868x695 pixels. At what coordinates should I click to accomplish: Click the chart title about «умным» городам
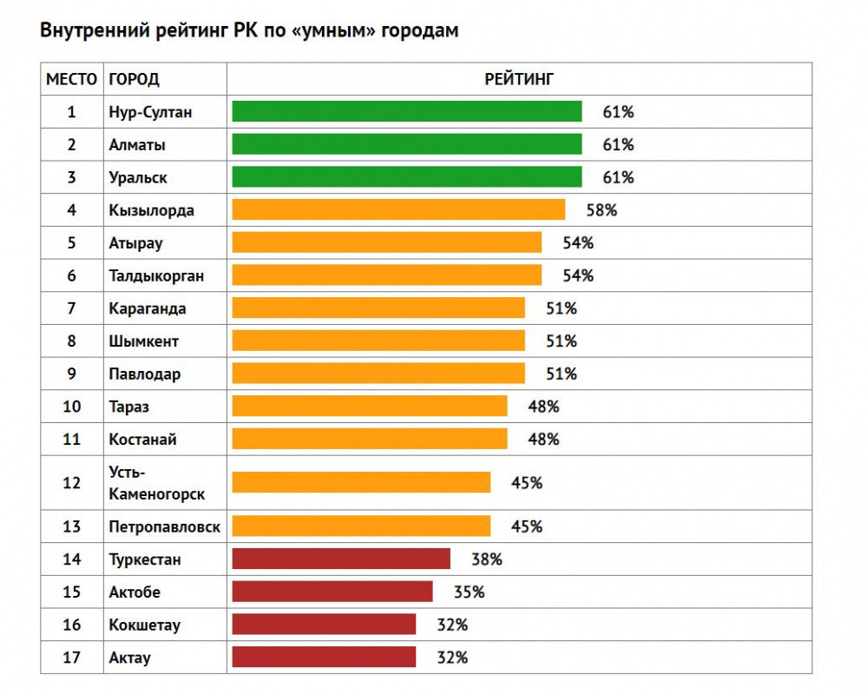coord(250,30)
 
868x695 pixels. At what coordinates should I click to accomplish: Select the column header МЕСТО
coord(71,79)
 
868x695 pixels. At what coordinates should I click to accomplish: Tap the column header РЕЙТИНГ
coord(519,79)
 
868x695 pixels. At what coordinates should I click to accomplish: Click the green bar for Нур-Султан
coord(406,112)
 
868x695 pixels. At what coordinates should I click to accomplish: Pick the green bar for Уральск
coord(406,177)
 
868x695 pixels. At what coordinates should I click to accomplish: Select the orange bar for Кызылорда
coord(398,210)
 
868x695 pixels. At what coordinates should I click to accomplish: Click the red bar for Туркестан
coord(341,559)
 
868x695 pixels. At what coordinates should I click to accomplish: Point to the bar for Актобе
coord(332,592)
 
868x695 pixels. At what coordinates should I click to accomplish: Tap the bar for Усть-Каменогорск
coord(361,483)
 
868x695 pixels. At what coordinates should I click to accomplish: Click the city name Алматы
coord(137,145)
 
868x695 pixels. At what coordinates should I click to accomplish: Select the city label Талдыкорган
coord(157,276)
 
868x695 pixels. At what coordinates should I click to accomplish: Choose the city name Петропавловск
coord(165,526)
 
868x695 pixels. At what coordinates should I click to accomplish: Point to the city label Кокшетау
coord(145,625)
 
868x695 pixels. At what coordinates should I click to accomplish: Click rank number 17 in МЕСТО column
coord(71,658)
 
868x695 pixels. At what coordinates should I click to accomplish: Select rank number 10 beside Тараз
coord(71,407)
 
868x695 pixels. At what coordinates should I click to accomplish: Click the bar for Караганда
coord(378,308)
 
